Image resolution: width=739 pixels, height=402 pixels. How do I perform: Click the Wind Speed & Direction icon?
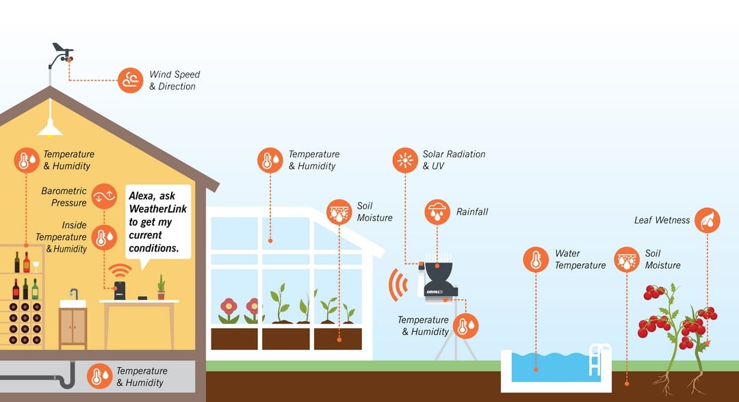(130, 80)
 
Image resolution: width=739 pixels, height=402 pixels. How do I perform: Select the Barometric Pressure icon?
(104, 196)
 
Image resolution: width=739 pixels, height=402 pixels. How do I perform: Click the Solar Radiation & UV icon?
(405, 160)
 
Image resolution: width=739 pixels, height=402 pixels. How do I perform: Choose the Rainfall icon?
(437, 212)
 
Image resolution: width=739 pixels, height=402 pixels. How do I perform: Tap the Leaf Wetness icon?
(707, 220)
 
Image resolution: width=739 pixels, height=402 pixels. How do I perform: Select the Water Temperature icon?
(536, 259)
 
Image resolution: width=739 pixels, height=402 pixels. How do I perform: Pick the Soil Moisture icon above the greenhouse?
(339, 212)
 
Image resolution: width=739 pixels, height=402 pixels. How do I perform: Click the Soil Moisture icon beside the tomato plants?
(627, 259)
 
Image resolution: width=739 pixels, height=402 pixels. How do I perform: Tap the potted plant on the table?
(161, 287)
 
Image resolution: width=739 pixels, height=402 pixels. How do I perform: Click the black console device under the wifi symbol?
(120, 291)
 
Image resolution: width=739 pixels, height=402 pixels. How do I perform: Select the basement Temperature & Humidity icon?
(99, 377)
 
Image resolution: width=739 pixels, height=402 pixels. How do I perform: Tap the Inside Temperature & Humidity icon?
(104, 237)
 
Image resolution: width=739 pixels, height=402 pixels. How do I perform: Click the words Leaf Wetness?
(662, 220)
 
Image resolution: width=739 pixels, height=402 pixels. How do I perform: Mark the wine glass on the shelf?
(36, 266)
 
